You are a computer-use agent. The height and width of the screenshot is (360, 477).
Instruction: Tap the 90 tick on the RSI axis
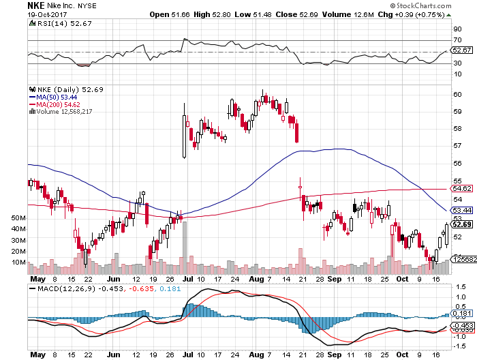point(457,29)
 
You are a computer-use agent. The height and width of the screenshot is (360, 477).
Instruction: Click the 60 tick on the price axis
point(457,94)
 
